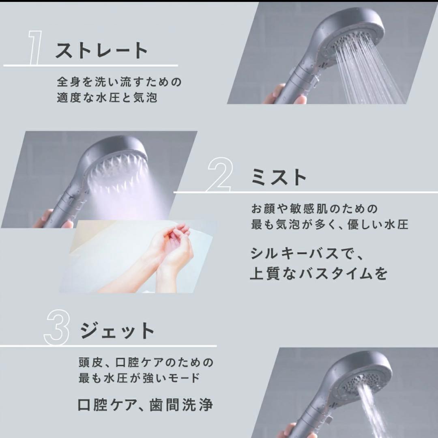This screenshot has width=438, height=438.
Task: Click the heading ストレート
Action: tap(101, 51)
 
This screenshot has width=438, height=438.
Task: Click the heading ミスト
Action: tap(279, 177)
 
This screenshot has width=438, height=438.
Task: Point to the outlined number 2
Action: tap(220, 175)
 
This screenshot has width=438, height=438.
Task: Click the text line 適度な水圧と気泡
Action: tap(107, 98)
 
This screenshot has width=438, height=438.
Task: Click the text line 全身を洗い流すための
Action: tap(119, 82)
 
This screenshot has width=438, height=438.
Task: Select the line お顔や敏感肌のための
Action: tap(314, 209)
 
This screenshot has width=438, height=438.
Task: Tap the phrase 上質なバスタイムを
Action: tap(319, 274)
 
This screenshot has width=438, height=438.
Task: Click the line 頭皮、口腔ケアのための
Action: tap(146, 362)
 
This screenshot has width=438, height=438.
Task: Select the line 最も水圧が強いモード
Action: tap(139, 378)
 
